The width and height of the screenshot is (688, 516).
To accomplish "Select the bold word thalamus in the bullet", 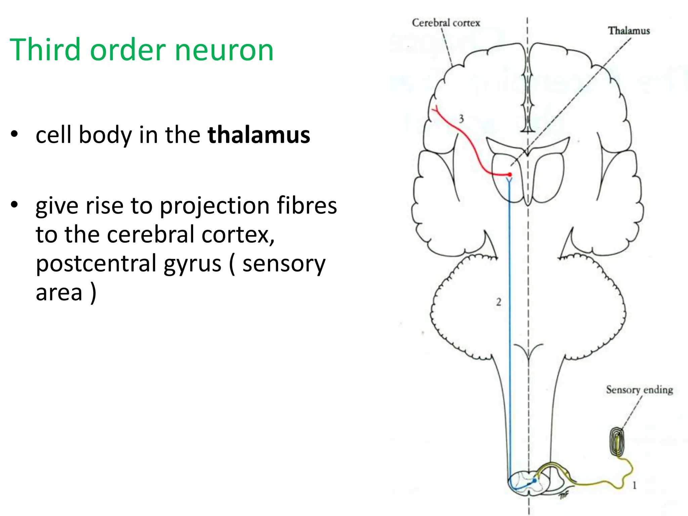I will pyautogui.click(x=259, y=135).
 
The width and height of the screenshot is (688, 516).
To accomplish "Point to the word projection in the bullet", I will pyautogui.click(x=214, y=206).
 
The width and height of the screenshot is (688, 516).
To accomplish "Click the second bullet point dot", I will pyautogui.click(x=14, y=205).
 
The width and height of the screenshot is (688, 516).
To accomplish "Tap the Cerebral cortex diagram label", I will pyautogui.click(x=446, y=23).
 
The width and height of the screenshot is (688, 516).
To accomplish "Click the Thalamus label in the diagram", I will pyautogui.click(x=629, y=31).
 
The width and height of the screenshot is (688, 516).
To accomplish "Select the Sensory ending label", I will pyautogui.click(x=639, y=390).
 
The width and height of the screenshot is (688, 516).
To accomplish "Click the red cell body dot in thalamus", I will pyautogui.click(x=510, y=175).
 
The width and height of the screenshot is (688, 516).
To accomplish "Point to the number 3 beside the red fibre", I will pyautogui.click(x=461, y=119).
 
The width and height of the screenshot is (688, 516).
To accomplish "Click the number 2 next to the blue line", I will pyautogui.click(x=499, y=302).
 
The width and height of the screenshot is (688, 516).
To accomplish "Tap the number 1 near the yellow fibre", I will pyautogui.click(x=634, y=485).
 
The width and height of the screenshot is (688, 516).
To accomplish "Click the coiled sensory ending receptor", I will pyautogui.click(x=617, y=443).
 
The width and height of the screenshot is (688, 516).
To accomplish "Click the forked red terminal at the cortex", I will pyautogui.click(x=436, y=109).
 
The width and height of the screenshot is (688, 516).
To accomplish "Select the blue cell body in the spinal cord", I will pyautogui.click(x=534, y=481).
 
